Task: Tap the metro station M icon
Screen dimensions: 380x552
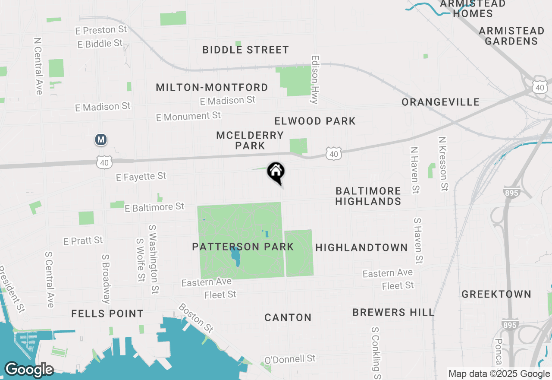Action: (101, 139)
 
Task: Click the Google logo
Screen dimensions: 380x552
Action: (29, 370)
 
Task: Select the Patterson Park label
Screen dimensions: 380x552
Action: (243, 247)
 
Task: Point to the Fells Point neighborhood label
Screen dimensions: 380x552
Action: (107, 313)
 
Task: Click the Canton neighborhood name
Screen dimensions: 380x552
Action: (288, 318)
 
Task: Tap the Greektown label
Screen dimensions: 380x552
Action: (496, 294)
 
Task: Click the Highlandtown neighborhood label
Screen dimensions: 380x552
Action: (361, 247)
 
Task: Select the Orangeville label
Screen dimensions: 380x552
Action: (440, 102)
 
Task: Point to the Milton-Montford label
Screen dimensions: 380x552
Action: (212, 88)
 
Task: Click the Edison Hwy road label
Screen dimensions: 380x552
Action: (314, 79)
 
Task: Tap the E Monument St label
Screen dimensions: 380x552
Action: (188, 116)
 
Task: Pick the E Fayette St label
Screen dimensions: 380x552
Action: (141, 176)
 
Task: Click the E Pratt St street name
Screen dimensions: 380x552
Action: (83, 241)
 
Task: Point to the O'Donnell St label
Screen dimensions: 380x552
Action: (290, 359)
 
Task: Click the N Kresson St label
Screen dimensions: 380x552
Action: (442, 164)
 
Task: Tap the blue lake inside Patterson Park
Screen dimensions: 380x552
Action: (235, 256)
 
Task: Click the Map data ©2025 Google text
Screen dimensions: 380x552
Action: (499, 374)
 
